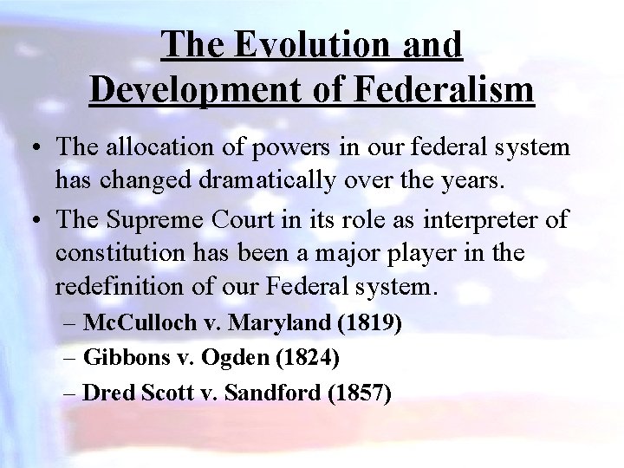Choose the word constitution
pos(118,252)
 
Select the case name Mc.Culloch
pos(140,323)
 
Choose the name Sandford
pos(273,393)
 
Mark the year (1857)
pos(360,393)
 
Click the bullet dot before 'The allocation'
pos(41,148)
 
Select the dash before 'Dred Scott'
pos(71,393)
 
